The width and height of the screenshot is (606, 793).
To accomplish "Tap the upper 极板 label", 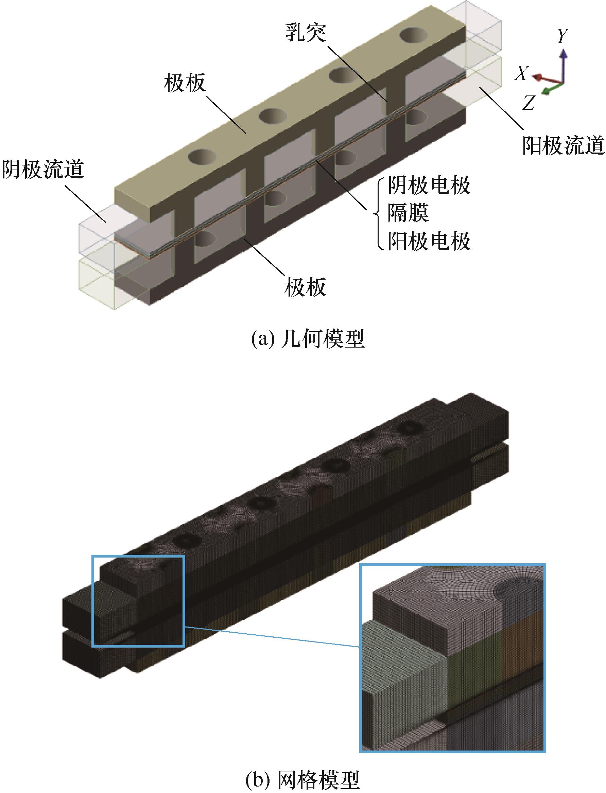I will (x=184, y=83).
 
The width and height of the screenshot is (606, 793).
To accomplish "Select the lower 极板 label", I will (x=305, y=287).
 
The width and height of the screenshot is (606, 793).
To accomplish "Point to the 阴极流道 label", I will (x=43, y=170).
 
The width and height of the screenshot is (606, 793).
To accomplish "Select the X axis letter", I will (x=522, y=74).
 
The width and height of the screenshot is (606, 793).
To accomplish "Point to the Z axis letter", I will (x=528, y=104).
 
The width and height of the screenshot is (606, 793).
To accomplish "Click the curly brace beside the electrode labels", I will (x=378, y=214).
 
